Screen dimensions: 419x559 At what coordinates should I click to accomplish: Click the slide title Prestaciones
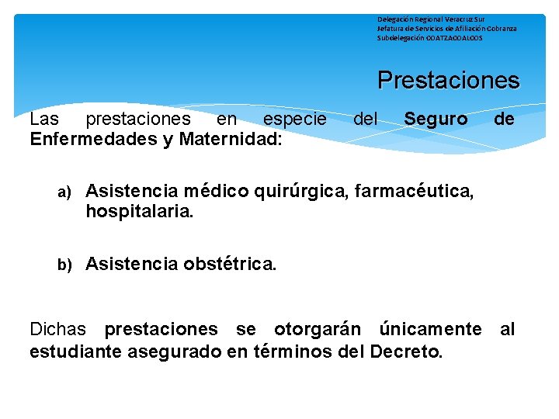pyautogui.click(x=448, y=81)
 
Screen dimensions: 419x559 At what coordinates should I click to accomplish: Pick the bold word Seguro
pyautogui.click(x=436, y=119)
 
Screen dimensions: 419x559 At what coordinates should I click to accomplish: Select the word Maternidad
pyautogui.click(x=239, y=139)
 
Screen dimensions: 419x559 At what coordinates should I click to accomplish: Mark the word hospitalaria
pyautogui.click(x=140, y=211)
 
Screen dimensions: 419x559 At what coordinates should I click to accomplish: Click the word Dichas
pyautogui.click(x=59, y=330)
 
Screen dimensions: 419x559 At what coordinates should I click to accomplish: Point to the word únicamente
pyautogui.click(x=430, y=330)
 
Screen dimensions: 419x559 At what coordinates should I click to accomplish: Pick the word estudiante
pyautogui.click(x=71, y=351)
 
